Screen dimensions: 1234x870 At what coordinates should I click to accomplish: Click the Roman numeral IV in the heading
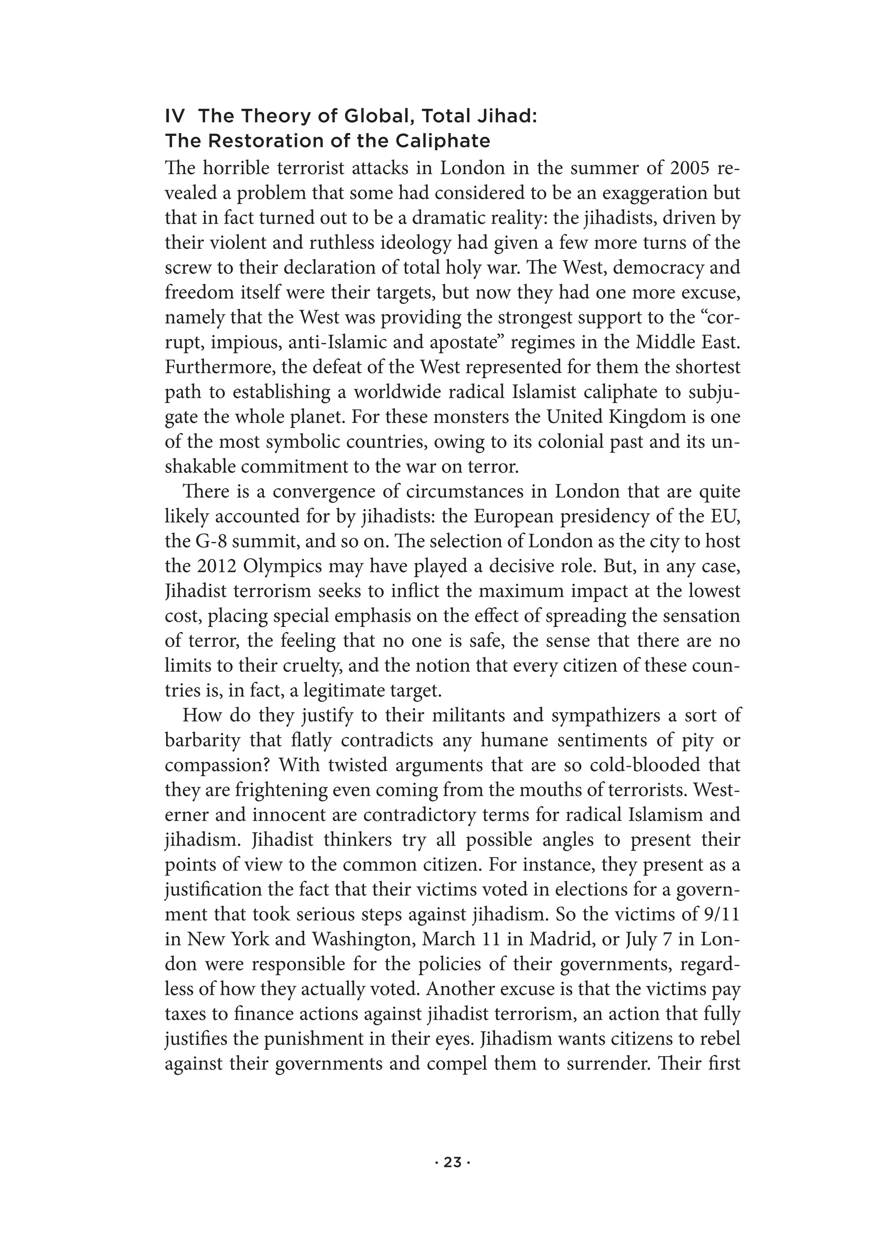coord(175,116)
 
